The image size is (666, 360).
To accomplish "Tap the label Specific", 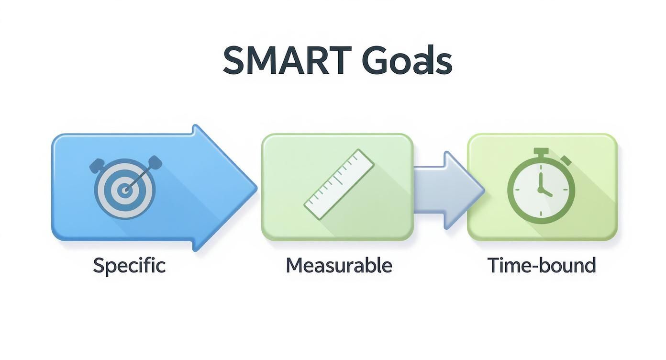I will click(x=129, y=265).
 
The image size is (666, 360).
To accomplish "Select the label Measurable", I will click(x=339, y=265).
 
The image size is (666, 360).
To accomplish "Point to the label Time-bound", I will click(x=542, y=265).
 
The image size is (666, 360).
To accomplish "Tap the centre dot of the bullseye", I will click(x=125, y=191).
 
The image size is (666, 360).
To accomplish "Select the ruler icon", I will click(x=339, y=184).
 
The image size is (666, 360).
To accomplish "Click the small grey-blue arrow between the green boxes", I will click(x=447, y=189).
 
